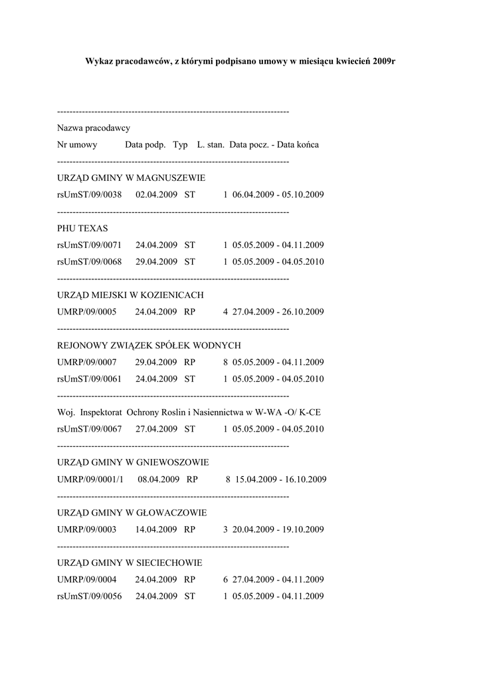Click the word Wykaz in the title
coord(99,61)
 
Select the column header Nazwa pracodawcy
coord(94,128)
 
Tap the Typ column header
coord(180,144)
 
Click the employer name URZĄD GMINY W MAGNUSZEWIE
coord(131,178)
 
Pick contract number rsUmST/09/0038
coord(89,195)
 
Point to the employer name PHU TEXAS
coord(82,228)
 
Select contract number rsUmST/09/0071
coord(89,245)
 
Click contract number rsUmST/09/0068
coord(89,261)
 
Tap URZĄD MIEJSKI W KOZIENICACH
coord(130,295)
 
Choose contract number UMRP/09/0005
coord(87,311)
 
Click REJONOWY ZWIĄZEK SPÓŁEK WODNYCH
coord(149,345)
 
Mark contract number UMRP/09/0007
coord(87,362)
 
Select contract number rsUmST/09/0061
coord(89,378)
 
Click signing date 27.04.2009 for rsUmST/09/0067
coord(156,429)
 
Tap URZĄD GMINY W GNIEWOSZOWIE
coord(133,462)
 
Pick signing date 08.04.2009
coord(159,479)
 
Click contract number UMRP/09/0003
coord(87,529)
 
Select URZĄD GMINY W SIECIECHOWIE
coord(130,563)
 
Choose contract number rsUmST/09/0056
coord(89,596)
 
